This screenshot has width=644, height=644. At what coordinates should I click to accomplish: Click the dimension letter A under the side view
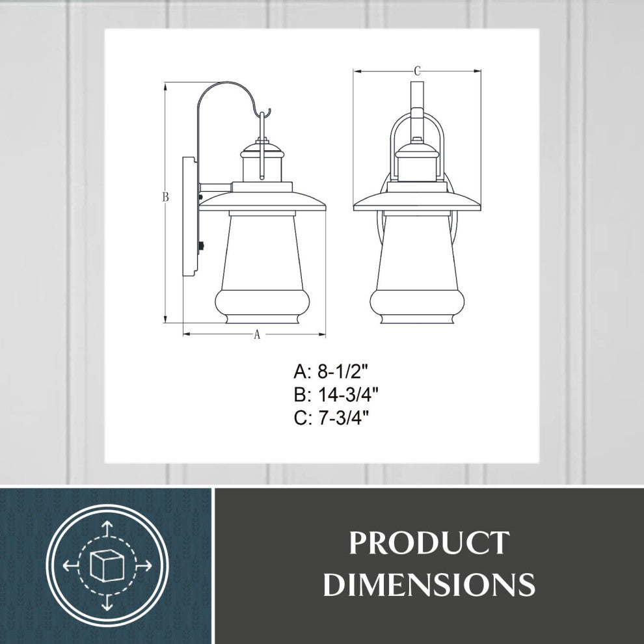pyautogui.click(x=256, y=335)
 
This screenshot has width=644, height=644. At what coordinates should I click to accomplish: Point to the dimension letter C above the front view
pyautogui.click(x=418, y=70)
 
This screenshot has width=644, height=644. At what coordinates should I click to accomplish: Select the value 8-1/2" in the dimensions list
pyautogui.click(x=343, y=372)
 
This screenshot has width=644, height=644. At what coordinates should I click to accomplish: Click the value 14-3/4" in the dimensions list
pyautogui.click(x=349, y=395)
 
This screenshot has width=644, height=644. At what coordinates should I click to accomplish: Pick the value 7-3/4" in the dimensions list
pyautogui.click(x=343, y=418)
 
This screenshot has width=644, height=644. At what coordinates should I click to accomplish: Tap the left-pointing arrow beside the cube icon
pyautogui.click(x=68, y=565)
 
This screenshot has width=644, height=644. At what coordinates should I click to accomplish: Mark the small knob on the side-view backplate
pyautogui.click(x=201, y=246)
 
